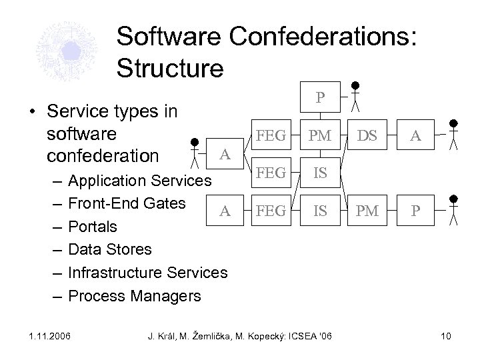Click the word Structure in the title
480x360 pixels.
point(169,67)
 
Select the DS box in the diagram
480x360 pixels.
point(367,136)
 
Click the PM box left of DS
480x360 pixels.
point(321,136)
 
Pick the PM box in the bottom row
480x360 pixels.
point(367,211)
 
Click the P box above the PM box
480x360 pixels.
point(321,98)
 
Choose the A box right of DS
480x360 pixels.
point(414,136)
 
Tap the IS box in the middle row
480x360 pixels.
point(321,174)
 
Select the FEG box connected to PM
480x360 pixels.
point(271,136)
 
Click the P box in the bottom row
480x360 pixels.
point(414,211)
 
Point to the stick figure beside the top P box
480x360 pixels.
point(357,97)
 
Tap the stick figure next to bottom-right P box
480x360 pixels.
point(453,209)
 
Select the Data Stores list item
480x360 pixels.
point(110,249)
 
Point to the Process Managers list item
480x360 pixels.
point(134,295)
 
